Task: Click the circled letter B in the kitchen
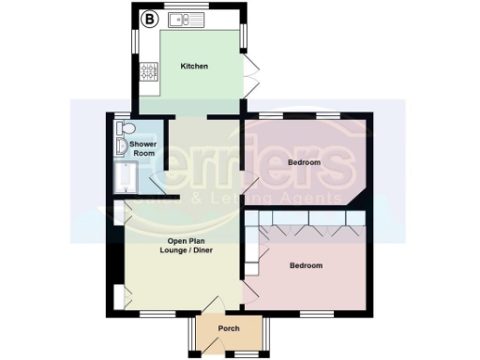pyautogui.click(x=147, y=18)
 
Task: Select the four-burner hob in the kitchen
pyautogui.click(x=148, y=70)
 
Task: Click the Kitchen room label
pyautogui.click(x=194, y=67)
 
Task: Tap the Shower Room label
pyautogui.click(x=143, y=147)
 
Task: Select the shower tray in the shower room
pyautogui.click(x=125, y=177)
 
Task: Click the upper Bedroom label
pyautogui.click(x=304, y=162)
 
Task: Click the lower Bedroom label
pyautogui.click(x=306, y=265)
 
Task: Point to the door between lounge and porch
pyautogui.click(x=213, y=305)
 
